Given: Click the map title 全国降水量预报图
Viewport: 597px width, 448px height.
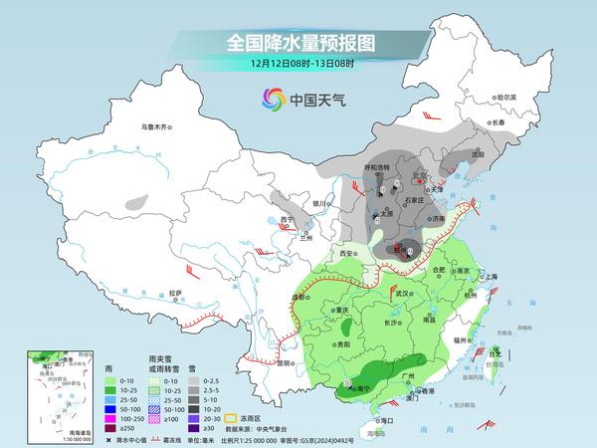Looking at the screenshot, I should [298, 44].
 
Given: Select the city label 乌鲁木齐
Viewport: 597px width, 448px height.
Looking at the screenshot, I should [156, 126].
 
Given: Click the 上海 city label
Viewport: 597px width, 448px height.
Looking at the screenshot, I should [489, 277].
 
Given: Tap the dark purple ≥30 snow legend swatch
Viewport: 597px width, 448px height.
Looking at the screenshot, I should [195, 433].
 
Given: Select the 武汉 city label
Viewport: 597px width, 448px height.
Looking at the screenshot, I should [403, 294].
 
